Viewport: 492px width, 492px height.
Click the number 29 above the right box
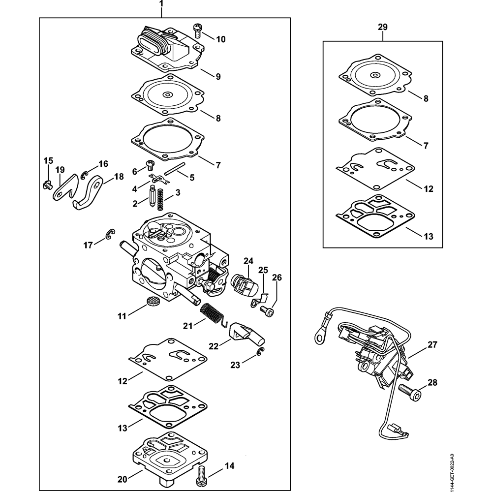click(x=382, y=27)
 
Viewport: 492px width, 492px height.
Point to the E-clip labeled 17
click(x=110, y=234)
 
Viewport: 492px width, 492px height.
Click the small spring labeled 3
click(x=161, y=200)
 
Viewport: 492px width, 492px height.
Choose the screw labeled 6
click(x=150, y=164)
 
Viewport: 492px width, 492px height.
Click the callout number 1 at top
click(x=161, y=4)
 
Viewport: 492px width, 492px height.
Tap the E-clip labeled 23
click(x=261, y=352)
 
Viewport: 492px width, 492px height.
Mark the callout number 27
click(x=432, y=344)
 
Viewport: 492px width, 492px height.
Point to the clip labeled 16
click(x=85, y=176)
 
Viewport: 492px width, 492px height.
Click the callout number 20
click(x=123, y=480)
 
